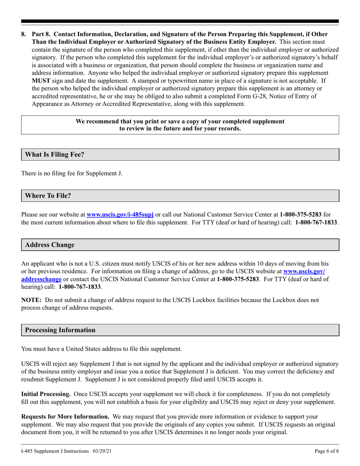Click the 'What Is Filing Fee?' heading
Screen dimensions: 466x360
tap(55, 155)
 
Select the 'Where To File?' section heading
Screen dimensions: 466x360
tap(48, 196)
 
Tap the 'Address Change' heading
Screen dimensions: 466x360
tap(50, 245)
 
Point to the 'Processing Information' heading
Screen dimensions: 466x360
tap(60, 330)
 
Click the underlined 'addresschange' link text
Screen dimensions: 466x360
tap(41, 279)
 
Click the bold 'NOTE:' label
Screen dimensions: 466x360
tap(32, 300)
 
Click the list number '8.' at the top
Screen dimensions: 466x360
tap(24, 34)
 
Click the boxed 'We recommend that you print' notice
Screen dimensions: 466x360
tap(180, 125)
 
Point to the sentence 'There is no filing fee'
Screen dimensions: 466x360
tap(72, 174)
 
